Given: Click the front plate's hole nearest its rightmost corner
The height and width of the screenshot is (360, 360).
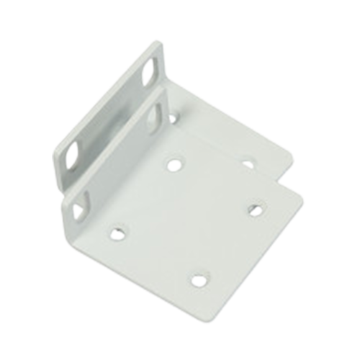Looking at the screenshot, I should click(253, 209).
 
